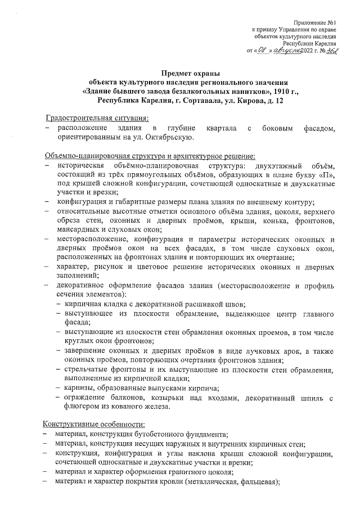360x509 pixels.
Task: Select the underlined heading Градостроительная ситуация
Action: [x=97, y=119]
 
